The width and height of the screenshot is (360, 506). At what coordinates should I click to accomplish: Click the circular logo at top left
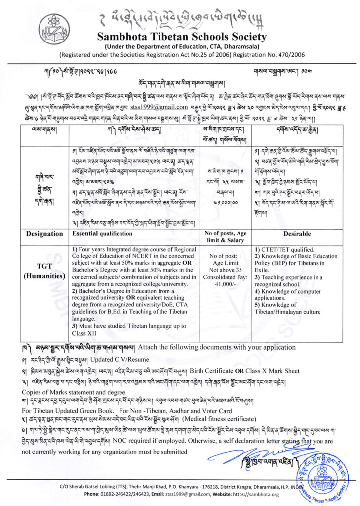click(52, 28)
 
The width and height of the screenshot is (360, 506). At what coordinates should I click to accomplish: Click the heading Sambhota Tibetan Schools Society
click(182, 37)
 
